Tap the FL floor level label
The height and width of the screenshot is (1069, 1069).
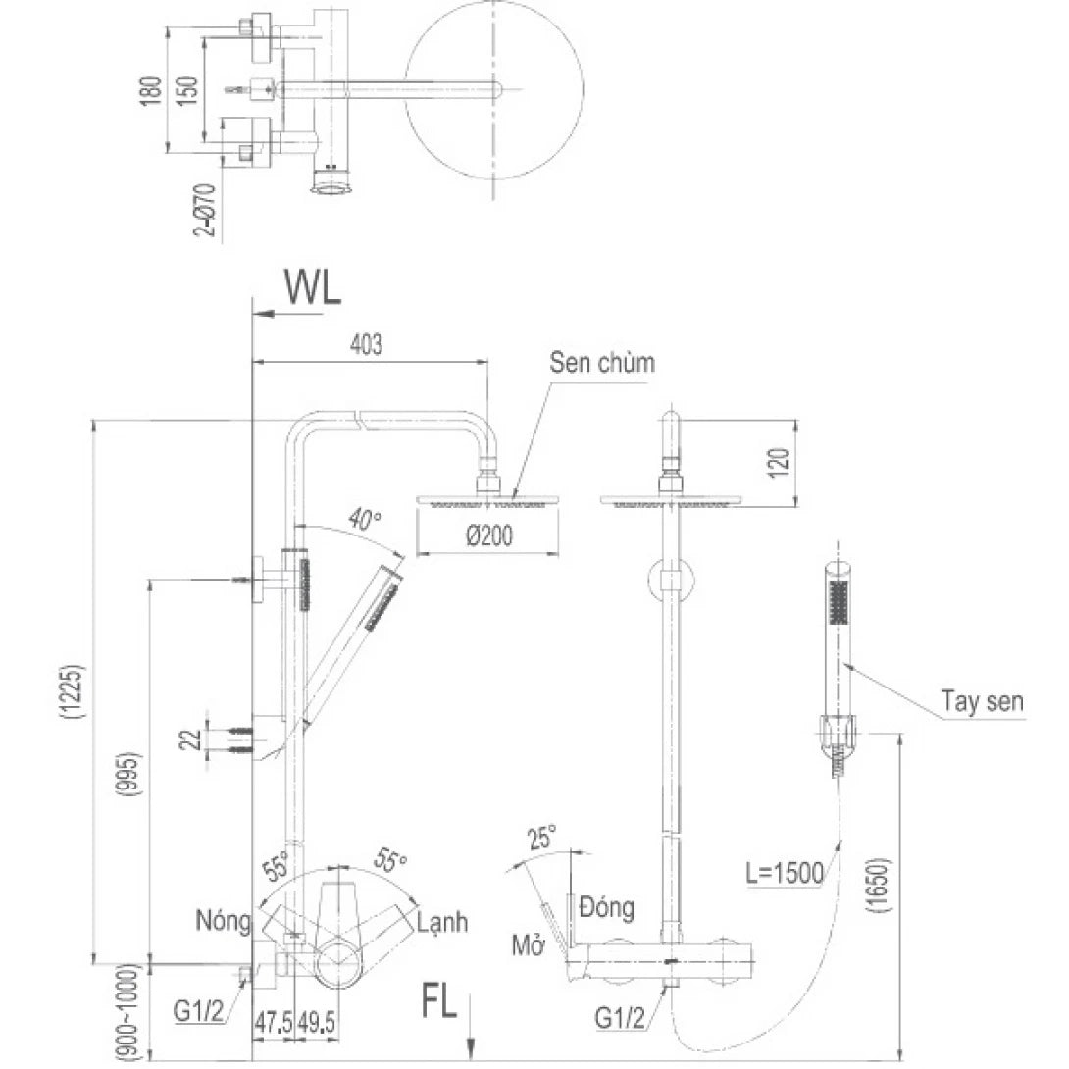(439, 1003)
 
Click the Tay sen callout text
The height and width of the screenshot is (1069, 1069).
(982, 702)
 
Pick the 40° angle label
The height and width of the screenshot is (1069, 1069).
(366, 521)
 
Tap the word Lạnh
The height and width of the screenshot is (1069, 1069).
(441, 922)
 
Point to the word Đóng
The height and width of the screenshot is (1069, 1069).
(606, 906)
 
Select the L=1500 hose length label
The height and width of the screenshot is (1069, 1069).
(782, 873)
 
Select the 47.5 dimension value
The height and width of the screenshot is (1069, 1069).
(272, 1022)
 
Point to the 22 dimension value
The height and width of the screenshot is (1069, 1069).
(195, 738)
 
